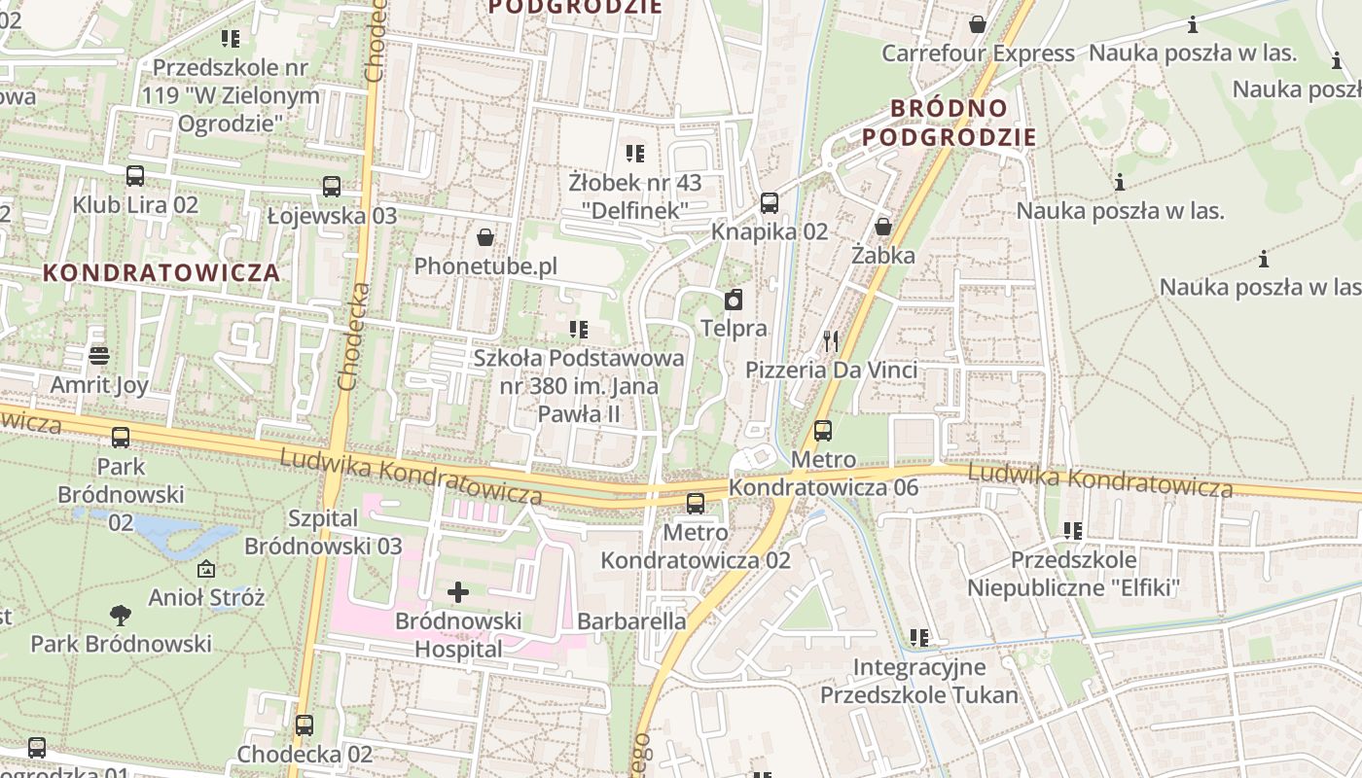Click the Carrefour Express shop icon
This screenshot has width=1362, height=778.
[977, 23]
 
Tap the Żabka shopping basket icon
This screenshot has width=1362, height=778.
[883, 227]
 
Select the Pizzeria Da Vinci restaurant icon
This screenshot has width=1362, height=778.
[831, 340]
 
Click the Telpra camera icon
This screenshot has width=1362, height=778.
[734, 300]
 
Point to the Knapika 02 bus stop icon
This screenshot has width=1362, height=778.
[770, 203]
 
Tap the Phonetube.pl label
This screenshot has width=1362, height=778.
[485, 266]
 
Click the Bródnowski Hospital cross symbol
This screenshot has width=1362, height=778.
[458, 591]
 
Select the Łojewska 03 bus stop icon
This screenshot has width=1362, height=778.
[332, 187]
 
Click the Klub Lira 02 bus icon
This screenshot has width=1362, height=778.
[135, 176]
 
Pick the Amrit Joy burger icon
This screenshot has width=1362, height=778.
[98, 356]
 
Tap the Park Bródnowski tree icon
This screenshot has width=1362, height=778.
[121, 615]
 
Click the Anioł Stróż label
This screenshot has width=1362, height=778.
[206, 597]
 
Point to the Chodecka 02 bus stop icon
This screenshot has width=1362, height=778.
[305, 725]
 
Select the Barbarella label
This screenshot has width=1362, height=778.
[631, 620]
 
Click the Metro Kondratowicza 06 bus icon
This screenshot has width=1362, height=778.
[823, 430]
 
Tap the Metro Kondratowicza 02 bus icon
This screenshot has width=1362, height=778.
[696, 504]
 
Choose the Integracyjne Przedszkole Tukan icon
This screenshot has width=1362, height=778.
[919, 638]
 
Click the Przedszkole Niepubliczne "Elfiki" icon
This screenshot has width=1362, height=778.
[1074, 531]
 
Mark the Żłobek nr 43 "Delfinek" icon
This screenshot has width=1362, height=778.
[635, 153]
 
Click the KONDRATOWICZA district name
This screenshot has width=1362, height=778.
[161, 272]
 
